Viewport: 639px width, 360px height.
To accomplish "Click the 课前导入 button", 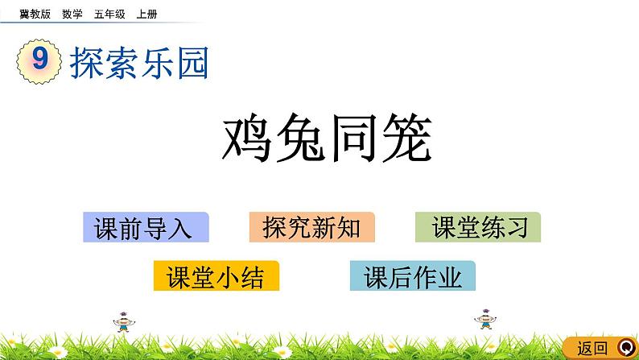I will tap(145, 228).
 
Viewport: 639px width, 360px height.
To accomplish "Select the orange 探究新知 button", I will tap(311, 228).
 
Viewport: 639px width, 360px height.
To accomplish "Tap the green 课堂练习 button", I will tap(478, 228).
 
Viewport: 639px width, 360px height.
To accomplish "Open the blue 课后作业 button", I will tap(413, 276).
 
